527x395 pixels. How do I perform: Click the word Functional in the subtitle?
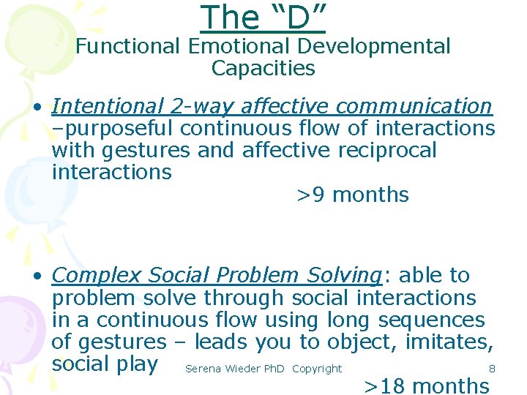pos(128,47)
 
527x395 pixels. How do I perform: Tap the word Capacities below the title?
pos(263,69)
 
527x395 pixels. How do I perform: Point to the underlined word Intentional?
pos(108,107)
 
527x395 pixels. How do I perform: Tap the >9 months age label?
pos(352,195)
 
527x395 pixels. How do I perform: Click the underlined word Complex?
pos(97,276)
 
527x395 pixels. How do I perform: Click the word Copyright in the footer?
pos(316,369)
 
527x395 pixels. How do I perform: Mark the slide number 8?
pos(492,369)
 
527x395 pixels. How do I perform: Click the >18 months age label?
pos(427,385)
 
